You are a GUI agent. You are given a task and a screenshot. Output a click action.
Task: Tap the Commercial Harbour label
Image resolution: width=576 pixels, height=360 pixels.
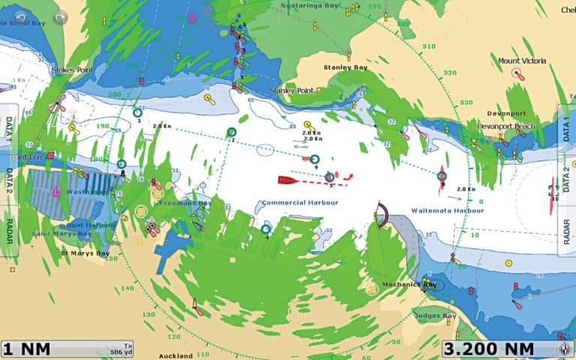click(x=300, y=203)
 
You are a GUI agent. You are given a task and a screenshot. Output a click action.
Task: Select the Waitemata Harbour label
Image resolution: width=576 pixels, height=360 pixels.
click(x=448, y=211)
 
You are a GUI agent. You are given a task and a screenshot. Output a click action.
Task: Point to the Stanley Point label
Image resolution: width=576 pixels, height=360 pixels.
click(x=291, y=90)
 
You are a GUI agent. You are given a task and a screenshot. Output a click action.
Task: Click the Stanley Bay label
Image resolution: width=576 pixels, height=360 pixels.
click(x=342, y=67)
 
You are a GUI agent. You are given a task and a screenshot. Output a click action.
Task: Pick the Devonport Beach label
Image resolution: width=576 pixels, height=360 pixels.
click(x=505, y=126)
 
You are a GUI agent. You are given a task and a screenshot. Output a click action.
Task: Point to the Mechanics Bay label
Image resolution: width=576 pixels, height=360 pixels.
click(x=409, y=284)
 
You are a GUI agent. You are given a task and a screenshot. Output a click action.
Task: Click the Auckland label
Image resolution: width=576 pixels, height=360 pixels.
click(x=175, y=355)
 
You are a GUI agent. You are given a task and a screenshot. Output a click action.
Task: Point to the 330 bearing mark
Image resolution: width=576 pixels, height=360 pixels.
click(x=466, y=102)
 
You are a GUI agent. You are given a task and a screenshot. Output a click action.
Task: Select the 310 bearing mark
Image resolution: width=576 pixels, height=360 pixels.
click(x=428, y=46)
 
